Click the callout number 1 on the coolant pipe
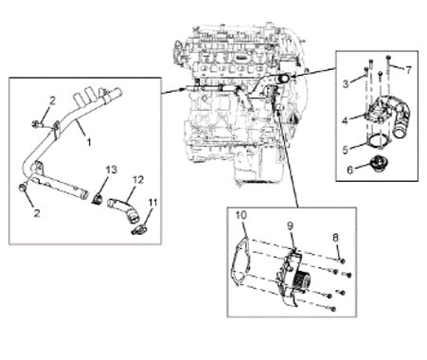click(x=89, y=142)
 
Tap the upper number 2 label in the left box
click(x=52, y=100)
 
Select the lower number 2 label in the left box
click(x=37, y=213)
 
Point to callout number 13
click(x=111, y=170)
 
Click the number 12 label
click(x=138, y=180)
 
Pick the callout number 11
click(x=152, y=202)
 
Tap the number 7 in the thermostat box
click(x=409, y=70)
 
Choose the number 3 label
click(x=346, y=83)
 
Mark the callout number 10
click(x=241, y=215)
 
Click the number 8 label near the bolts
click(x=335, y=238)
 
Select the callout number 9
click(x=290, y=225)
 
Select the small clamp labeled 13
click(x=98, y=199)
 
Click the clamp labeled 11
click(x=138, y=229)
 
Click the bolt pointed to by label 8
click(x=343, y=261)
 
